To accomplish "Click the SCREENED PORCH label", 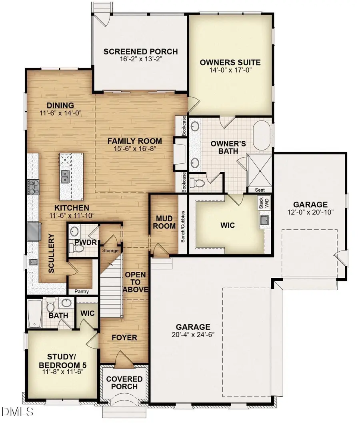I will point(140,51).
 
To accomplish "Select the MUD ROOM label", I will point(164,222).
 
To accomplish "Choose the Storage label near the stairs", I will point(110,251).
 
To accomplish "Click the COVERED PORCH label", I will point(124,383).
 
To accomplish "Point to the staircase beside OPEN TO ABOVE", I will point(110,288).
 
